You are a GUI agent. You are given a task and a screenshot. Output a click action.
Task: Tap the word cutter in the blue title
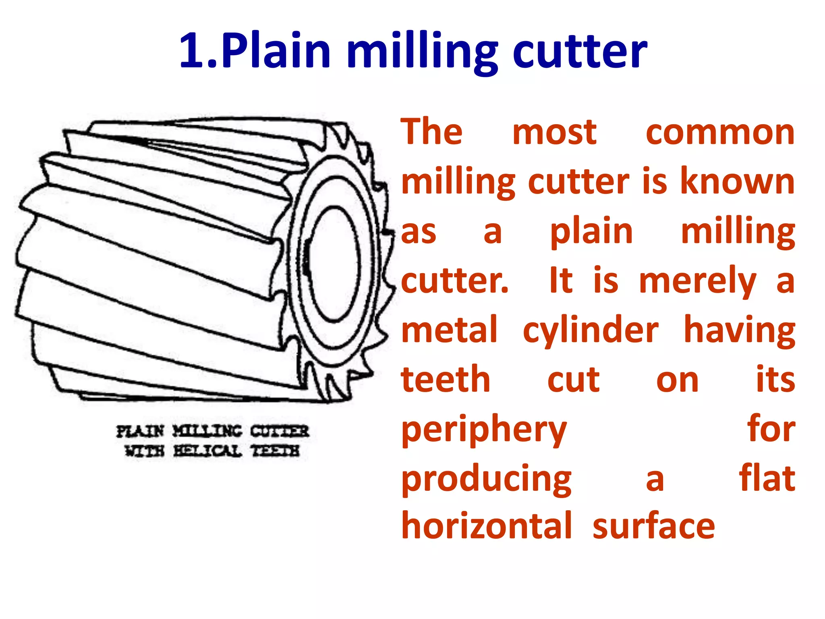(580, 51)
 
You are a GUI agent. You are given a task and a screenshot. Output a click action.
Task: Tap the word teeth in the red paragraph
(446, 380)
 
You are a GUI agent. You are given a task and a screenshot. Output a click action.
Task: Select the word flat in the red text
(767, 478)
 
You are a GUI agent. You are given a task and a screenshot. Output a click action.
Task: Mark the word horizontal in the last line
(487, 526)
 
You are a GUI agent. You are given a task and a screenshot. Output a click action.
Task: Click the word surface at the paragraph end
(653, 527)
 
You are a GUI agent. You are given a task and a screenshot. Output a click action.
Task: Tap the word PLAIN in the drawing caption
(140, 431)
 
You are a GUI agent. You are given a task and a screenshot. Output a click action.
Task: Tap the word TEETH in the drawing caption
(276, 451)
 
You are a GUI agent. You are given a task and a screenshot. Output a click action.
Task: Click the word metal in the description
(450, 330)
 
